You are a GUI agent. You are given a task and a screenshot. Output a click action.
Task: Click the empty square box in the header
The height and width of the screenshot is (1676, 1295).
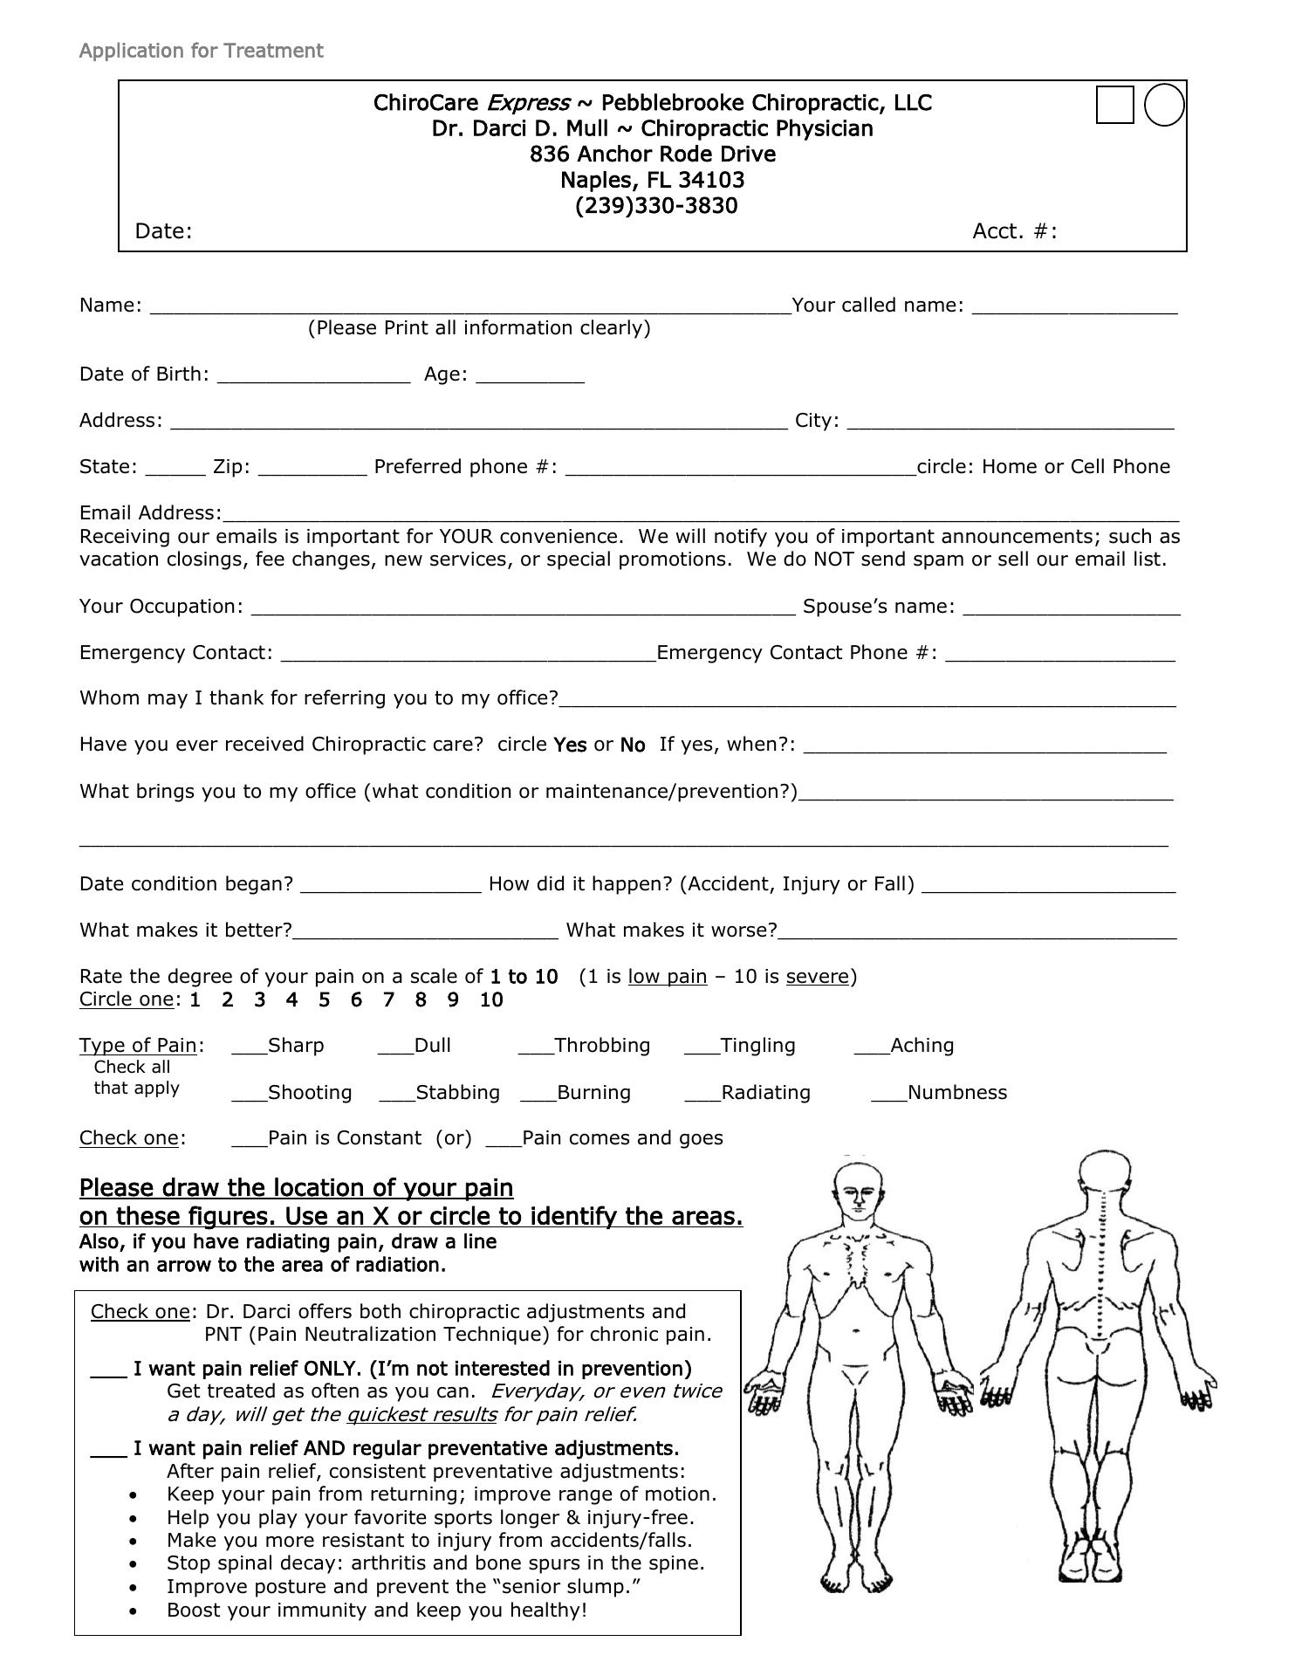[1114, 105]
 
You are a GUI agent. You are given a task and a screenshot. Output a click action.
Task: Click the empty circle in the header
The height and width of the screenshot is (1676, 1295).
[1163, 105]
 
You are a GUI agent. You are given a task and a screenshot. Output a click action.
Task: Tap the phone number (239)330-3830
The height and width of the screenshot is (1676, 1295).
[656, 206]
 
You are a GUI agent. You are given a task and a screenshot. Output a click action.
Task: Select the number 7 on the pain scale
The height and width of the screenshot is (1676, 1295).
[388, 1000]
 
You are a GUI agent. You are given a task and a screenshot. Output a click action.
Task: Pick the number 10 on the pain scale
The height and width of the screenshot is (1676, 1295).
[491, 1000]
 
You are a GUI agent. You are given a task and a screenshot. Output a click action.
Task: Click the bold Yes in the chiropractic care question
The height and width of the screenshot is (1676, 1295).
[570, 745]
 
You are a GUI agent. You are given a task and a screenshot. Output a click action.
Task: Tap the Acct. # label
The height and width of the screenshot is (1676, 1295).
[1014, 231]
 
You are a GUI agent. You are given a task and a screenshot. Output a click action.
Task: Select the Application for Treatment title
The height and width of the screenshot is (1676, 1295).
[201, 51]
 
